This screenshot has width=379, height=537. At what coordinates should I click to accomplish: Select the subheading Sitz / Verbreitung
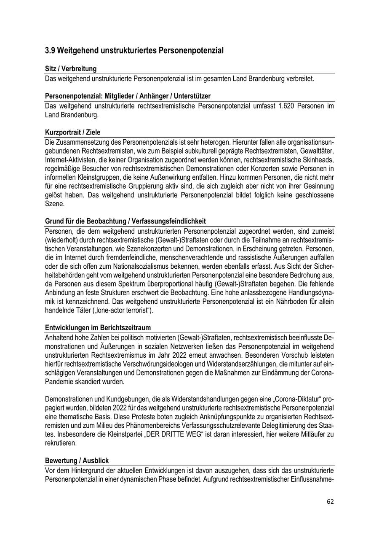(71, 69)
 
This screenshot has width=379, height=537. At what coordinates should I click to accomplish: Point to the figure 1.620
(286, 106)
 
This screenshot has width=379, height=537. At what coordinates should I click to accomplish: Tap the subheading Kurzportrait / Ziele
(72, 132)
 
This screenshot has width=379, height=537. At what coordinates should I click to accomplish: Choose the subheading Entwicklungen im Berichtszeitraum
(98, 328)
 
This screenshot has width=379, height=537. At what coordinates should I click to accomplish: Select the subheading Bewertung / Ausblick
(77, 461)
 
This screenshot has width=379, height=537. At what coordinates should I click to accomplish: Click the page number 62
(330, 502)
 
